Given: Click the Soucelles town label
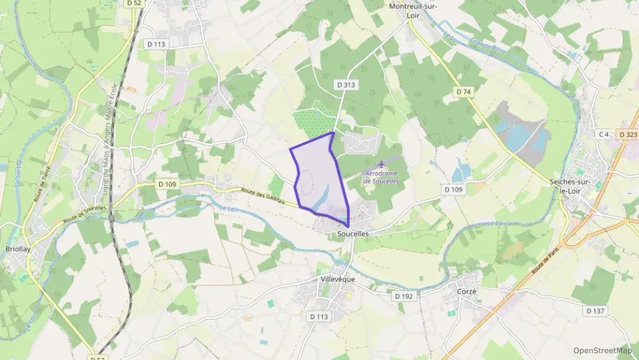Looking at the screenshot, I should tap(353, 234).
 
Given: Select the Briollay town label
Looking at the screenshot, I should tap(18, 249).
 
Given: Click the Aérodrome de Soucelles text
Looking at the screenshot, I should tap(381, 176).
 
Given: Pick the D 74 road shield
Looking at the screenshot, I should tap(464, 91).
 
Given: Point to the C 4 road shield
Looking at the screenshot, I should tap(603, 135).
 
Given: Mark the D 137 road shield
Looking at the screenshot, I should tap(595, 311).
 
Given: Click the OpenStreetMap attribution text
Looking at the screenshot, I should tap(603, 350).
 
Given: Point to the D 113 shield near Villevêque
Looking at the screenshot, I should tap(319, 316).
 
